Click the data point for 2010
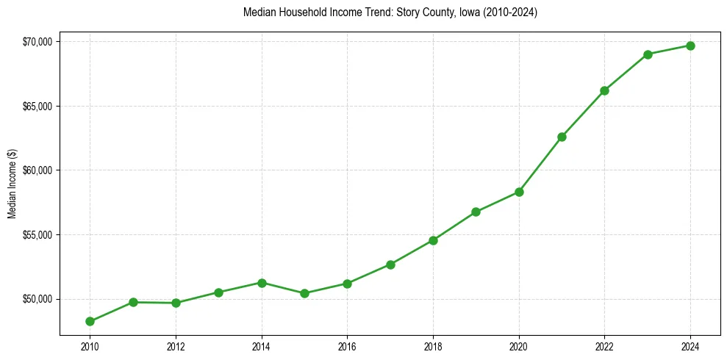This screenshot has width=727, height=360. click(90, 321)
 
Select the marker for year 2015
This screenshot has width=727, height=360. click(304, 293)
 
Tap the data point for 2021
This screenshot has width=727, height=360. click(562, 137)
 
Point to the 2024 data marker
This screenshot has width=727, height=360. click(690, 46)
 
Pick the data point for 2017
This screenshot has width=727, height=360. click(390, 264)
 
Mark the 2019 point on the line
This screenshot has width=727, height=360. click(476, 212)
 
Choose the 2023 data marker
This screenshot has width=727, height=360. click(648, 54)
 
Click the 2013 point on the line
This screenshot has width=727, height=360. click(218, 292)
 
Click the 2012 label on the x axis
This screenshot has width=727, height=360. click(176, 346)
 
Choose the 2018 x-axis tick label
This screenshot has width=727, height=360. click(433, 346)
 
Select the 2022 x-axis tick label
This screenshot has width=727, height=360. click(604, 346)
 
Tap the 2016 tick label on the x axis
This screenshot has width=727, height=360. click(347, 346)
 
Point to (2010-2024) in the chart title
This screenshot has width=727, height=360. click(512, 12)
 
